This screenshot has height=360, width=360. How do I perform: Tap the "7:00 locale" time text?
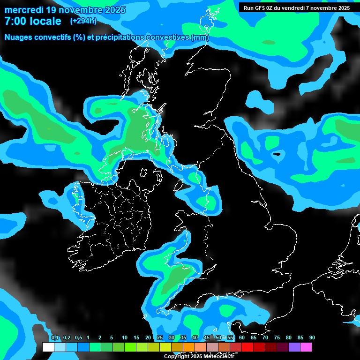pyautogui.click(x=33, y=21)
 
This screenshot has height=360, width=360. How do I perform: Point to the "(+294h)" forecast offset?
pyautogui.click(x=83, y=21)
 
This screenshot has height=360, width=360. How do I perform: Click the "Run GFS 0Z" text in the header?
pyautogui.click(x=259, y=7)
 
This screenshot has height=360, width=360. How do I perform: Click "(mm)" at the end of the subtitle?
pyautogui.click(x=200, y=37)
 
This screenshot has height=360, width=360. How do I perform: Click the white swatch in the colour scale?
pyautogui.click(x=48, y=347)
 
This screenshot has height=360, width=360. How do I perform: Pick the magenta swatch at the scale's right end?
pyautogui.click(x=306, y=347)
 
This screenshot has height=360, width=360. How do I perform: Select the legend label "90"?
pyautogui.click(x=312, y=337)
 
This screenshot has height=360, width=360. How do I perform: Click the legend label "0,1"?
pyautogui.click(x=55, y=337)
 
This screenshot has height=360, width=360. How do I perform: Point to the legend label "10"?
pyautogui.click(x=124, y=337)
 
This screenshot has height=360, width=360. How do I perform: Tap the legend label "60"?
pyautogui.click(x=241, y=337)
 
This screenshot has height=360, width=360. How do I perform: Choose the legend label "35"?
pyautogui.click(x=183, y=337)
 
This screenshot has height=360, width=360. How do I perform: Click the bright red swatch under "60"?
pyautogui.click(x=247, y=347)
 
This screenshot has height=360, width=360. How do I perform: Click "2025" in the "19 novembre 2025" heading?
pyautogui.click(x=112, y=10)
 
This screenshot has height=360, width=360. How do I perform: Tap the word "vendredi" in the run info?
pyautogui.click(x=297, y=7)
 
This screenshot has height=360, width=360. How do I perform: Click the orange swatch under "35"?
pyautogui.click(x=189, y=347)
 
